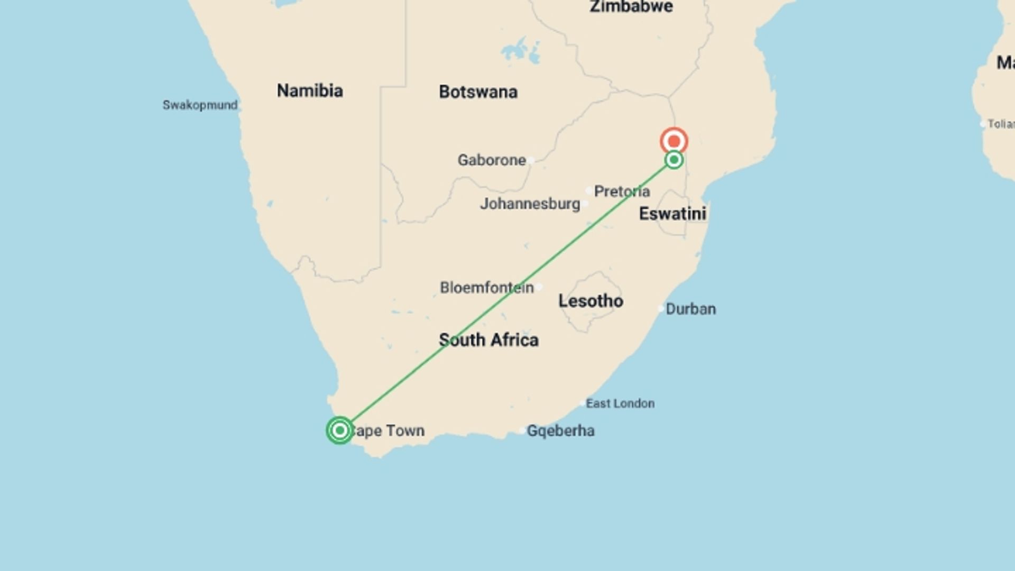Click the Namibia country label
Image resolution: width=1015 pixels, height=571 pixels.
(310, 91)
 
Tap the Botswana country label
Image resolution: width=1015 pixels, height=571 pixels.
(478, 92)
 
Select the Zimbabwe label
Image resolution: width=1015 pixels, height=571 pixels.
(631, 7)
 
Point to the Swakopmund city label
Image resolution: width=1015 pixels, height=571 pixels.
(200, 105)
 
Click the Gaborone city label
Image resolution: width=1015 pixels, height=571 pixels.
(492, 160)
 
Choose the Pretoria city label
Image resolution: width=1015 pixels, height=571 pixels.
(622, 191)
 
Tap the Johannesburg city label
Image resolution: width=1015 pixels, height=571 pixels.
(530, 204)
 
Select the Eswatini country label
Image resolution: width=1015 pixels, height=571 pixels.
(672, 214)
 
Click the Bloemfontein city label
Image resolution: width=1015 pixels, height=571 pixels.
(486, 288)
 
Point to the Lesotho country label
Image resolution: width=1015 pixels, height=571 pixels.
(590, 301)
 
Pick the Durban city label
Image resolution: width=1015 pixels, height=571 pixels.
(690, 309)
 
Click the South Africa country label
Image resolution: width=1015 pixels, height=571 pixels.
(488, 340)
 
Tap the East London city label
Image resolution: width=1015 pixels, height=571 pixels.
(620, 404)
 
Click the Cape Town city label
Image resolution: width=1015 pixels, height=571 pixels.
(387, 431)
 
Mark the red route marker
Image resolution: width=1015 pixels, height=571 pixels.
(674, 141)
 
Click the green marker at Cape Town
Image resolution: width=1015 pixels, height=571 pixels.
(340, 430)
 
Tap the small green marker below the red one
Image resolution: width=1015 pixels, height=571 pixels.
(674, 160)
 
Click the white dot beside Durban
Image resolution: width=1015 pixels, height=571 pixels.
(661, 308)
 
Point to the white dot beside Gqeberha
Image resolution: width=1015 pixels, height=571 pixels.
(522, 431)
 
